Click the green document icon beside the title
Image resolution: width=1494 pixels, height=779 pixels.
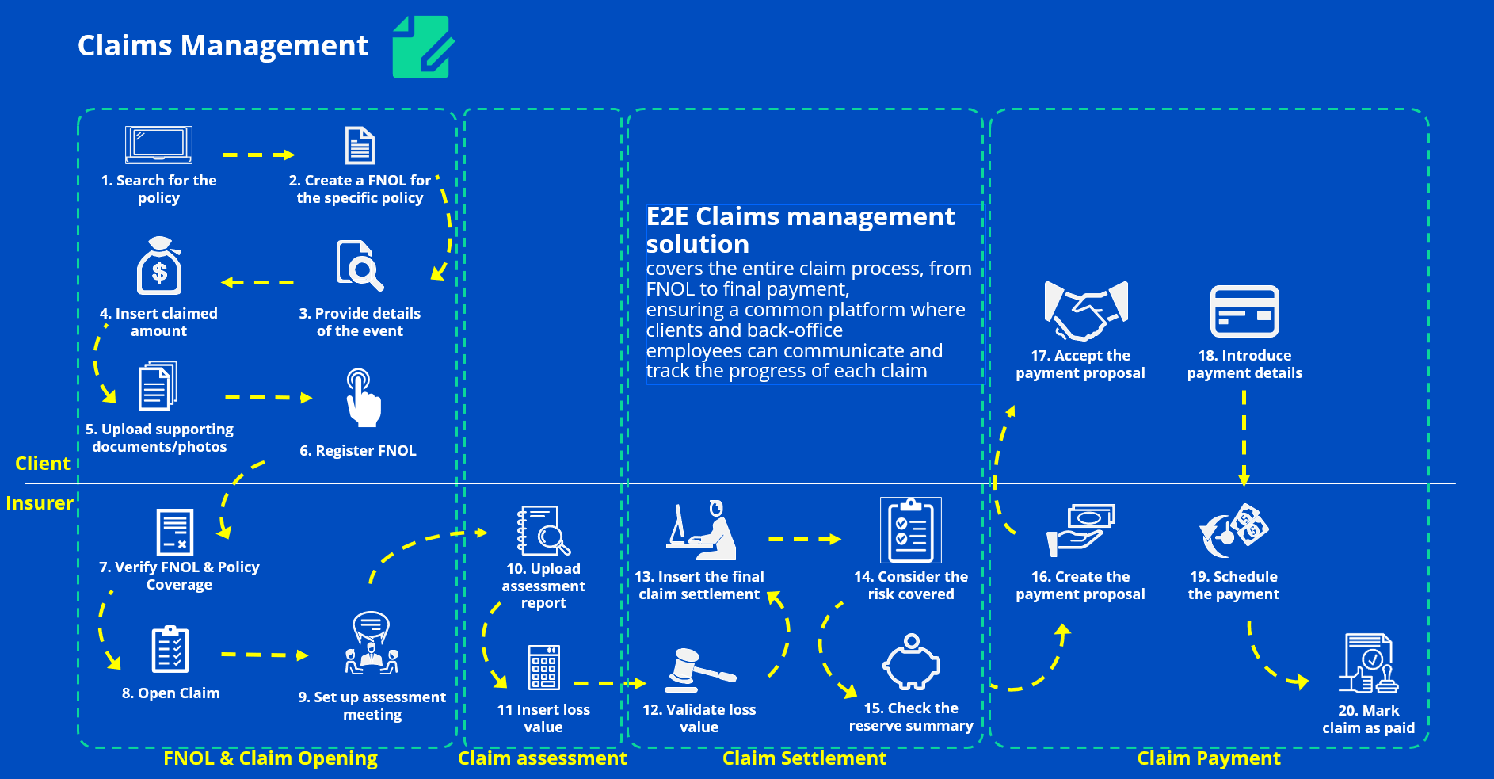click(422, 47)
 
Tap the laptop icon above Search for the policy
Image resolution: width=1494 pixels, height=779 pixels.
click(158, 144)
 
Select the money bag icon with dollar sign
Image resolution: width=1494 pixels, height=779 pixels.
click(159, 266)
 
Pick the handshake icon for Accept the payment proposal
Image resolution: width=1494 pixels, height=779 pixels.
click(1085, 310)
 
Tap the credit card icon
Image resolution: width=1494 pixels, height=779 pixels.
click(1244, 311)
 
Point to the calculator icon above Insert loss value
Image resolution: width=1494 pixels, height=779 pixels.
click(543, 667)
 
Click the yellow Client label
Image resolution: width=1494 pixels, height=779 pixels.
click(43, 464)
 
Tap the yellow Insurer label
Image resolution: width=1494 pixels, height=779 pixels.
click(40, 503)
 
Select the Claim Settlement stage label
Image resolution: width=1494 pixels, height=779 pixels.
click(804, 758)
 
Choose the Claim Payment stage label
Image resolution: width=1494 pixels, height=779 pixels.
click(1208, 758)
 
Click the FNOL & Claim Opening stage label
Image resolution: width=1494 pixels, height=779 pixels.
click(270, 758)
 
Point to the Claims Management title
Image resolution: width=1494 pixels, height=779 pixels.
click(223, 46)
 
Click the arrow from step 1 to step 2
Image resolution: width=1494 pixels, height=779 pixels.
click(258, 155)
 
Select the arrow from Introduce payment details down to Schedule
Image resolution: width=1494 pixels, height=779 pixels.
click(1244, 437)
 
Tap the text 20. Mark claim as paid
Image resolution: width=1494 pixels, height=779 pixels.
click(1368, 720)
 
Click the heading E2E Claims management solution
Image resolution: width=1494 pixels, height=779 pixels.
click(800, 230)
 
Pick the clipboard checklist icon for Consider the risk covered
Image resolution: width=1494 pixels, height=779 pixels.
click(911, 530)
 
